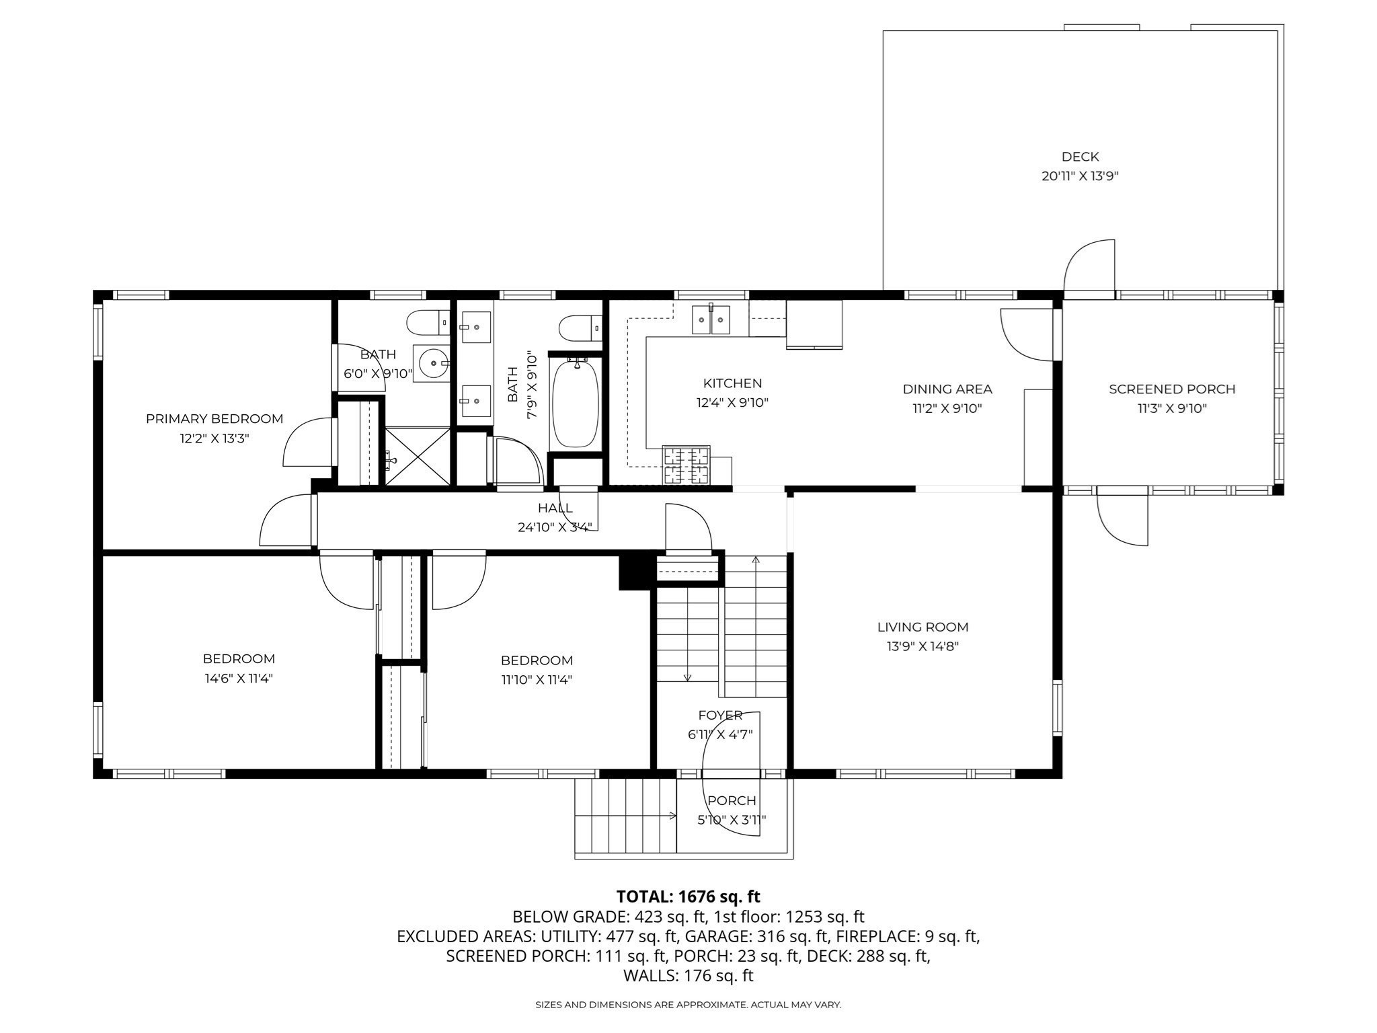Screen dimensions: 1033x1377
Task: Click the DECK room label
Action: coord(1080,157)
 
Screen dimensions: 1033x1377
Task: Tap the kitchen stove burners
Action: coord(686,465)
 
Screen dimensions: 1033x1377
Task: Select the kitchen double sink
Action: coord(711,319)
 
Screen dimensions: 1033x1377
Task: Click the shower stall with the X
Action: coord(417,457)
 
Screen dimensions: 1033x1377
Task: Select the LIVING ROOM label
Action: coord(922,627)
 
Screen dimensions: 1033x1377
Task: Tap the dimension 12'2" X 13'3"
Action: coord(214,438)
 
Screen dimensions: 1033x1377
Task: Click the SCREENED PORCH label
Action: coord(1172,389)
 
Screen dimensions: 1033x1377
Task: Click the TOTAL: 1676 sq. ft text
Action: coord(688,896)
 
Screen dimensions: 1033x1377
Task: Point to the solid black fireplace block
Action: coord(635,571)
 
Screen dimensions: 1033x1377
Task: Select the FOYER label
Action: coord(720,715)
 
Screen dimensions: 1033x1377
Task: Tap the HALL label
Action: coord(555,508)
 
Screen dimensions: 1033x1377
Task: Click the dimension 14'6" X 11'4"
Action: coord(239,678)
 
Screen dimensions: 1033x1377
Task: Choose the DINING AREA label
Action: coord(947,389)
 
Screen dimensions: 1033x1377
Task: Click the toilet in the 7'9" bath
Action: coord(580,328)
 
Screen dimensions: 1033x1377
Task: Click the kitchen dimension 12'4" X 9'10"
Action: coord(732,402)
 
